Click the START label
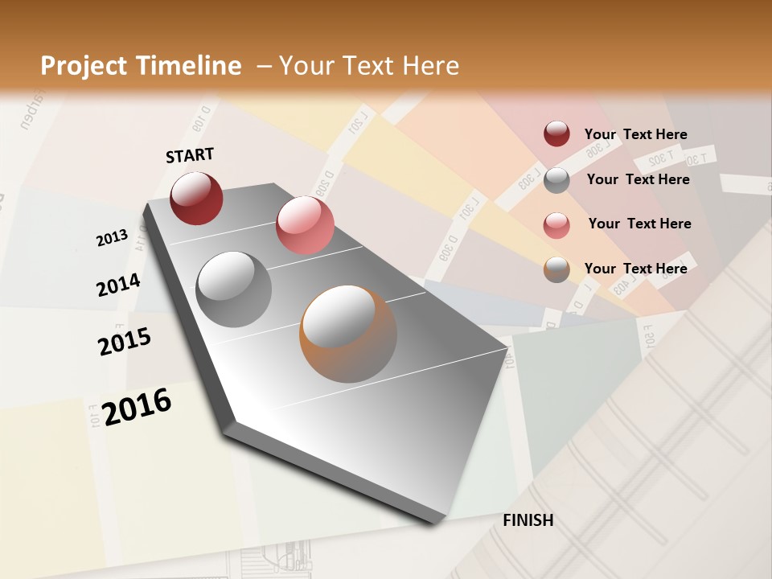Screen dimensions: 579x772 pos(190,155)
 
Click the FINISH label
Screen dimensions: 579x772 pos(528,520)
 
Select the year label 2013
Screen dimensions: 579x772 pos(112,237)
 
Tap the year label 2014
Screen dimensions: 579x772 pos(118,285)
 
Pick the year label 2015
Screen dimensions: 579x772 pos(125,341)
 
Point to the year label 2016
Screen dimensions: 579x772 pos(138,406)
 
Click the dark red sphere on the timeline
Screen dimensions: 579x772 pos(196,198)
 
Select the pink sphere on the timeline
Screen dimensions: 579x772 pos(305,225)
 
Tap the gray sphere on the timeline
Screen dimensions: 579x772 pos(234,289)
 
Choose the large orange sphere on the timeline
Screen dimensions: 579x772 pos(348,334)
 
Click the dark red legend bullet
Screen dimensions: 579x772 pos(556,133)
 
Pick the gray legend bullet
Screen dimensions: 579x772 pos(556,179)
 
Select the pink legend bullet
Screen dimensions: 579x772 pos(556,224)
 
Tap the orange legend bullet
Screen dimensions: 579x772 pos(556,269)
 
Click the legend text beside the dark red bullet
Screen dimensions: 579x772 pos(635,134)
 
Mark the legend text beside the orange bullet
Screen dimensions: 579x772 pos(635,269)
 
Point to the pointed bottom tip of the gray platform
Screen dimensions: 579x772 pos(434,521)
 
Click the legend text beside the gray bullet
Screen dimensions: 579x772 pos(638,179)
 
